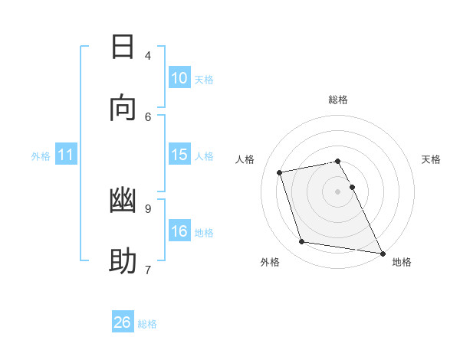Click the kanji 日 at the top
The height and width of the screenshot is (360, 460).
pos(123,47)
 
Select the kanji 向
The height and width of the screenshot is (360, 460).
pos(123,109)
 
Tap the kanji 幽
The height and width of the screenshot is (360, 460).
pos(123,201)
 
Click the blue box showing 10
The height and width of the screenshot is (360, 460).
pos(179,78)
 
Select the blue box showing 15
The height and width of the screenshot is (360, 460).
pos(179,155)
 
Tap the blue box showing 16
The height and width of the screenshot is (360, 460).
pos(179,231)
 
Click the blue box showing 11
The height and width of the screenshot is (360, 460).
pos(66,155)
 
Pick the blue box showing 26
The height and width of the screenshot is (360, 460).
pos(123,322)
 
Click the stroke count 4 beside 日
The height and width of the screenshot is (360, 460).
pos(148,55)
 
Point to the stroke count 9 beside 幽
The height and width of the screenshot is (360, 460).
pos(148,208)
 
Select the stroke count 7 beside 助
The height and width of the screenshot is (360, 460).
pos(148,270)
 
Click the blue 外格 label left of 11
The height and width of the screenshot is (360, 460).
pos(41,156)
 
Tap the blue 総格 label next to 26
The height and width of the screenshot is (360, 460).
pos(147,324)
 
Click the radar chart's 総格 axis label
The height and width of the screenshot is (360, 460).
pos(338,100)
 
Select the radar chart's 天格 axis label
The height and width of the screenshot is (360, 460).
pos(431,159)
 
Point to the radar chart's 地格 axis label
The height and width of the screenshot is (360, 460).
pos(402,262)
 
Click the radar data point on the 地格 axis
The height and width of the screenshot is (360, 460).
pos(381,252)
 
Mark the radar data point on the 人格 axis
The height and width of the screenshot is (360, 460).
pos(280,172)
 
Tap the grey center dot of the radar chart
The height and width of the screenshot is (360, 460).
pos(338,191)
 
